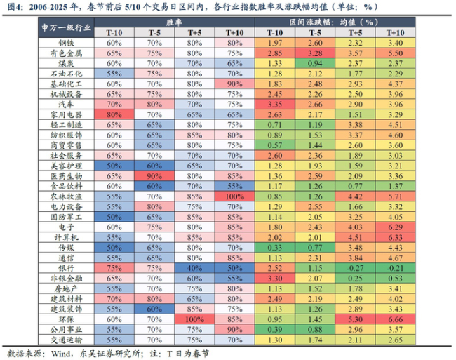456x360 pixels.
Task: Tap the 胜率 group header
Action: pos(173,22)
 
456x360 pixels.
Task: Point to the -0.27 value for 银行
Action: pos(355,267)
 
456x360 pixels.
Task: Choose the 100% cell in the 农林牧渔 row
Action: pos(233,196)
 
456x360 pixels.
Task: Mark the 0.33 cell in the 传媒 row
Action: pos(275,247)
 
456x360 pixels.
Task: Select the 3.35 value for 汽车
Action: pos(275,104)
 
